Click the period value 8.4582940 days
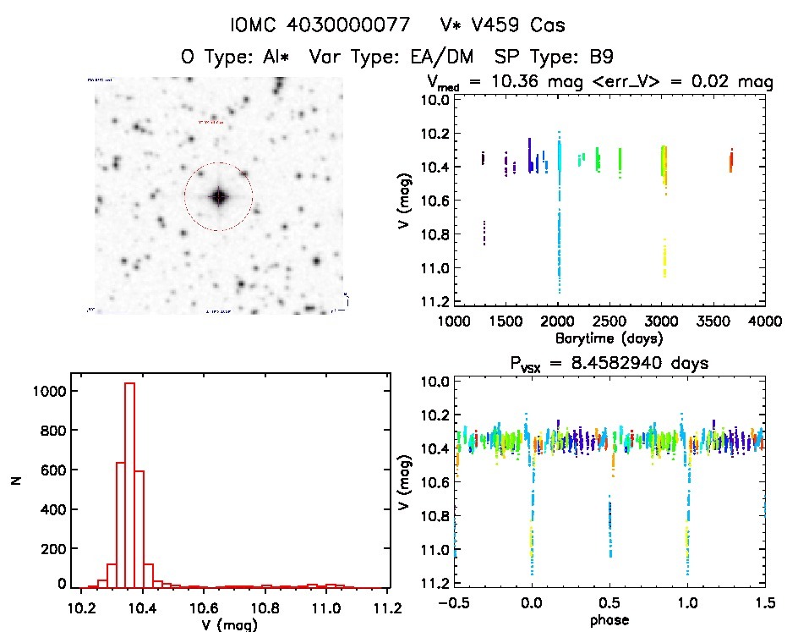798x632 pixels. click(631, 363)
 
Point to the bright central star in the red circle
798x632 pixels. click(219, 197)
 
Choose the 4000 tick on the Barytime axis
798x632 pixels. click(765, 321)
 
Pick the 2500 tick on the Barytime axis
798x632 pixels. click(610, 321)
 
